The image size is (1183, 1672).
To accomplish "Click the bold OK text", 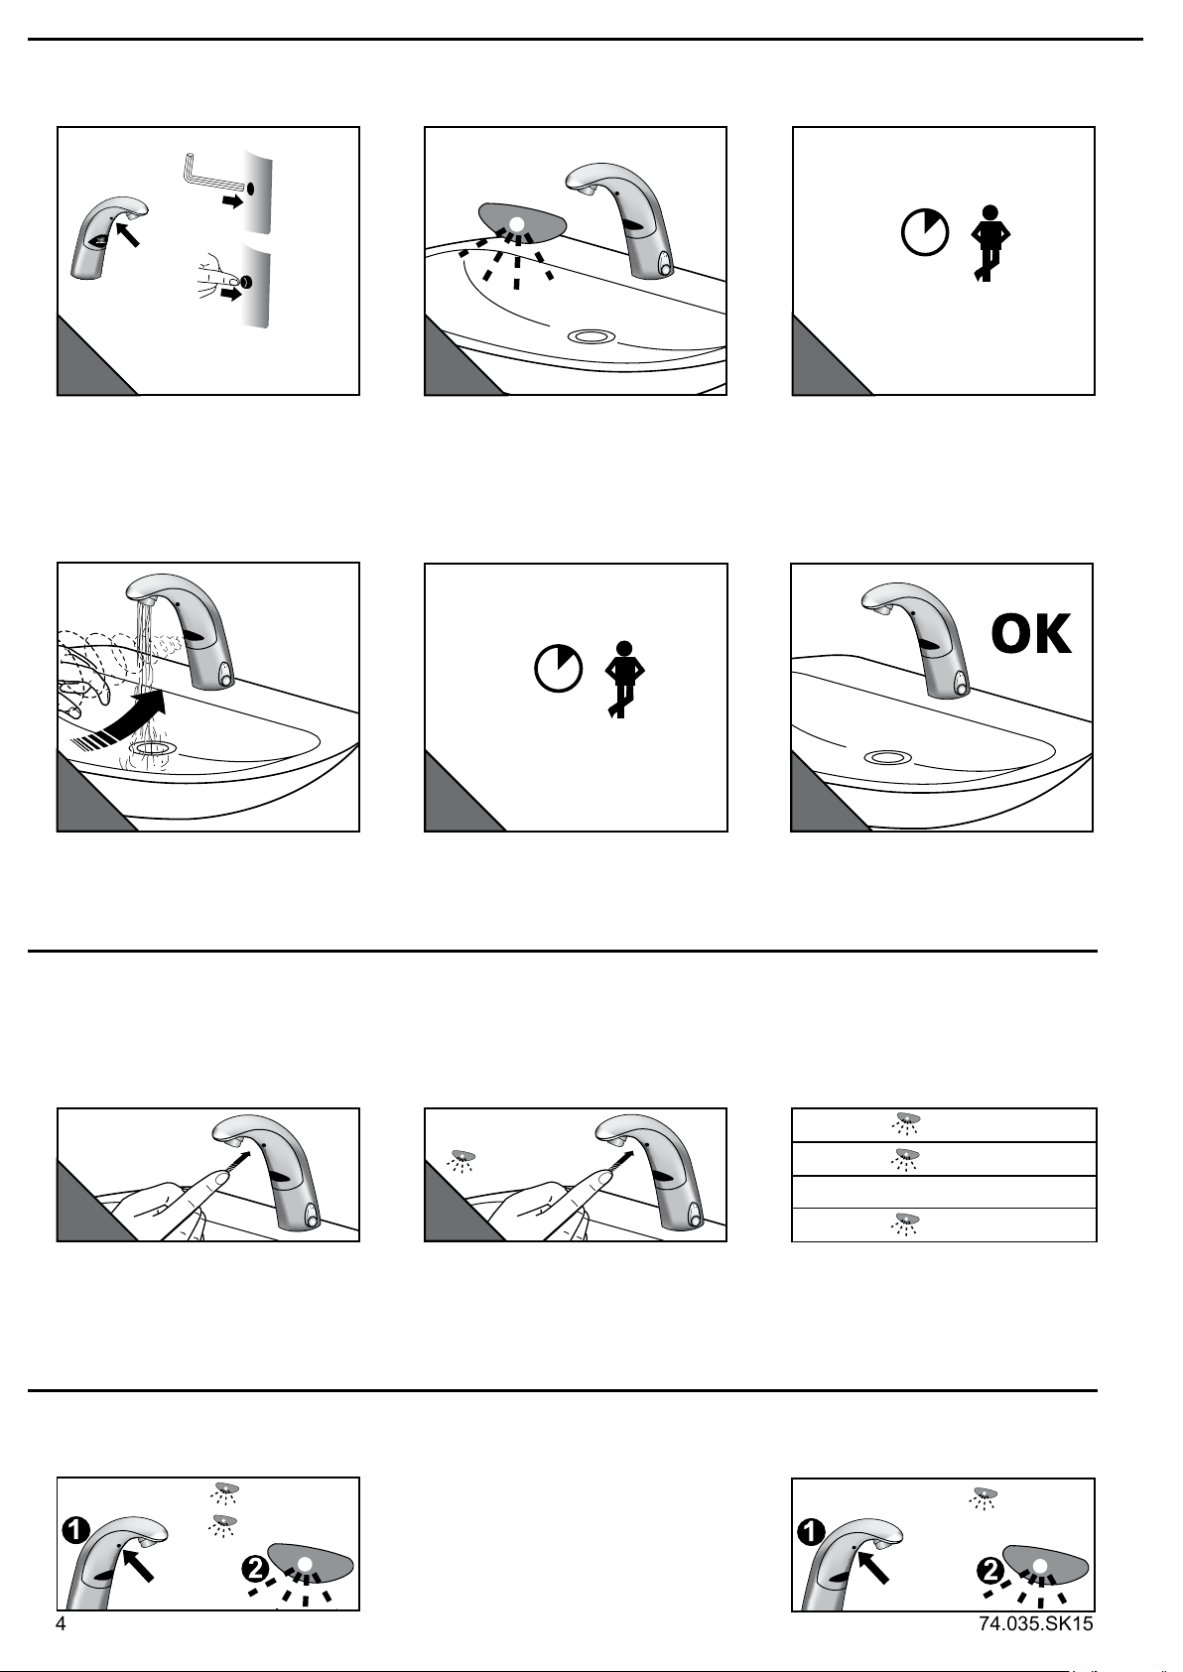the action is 1031,634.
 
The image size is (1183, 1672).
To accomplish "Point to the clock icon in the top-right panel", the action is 925,232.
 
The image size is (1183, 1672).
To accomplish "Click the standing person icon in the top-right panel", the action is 989,243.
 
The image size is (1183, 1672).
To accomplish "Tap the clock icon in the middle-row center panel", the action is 559,667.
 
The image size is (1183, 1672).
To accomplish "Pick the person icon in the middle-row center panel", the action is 624,680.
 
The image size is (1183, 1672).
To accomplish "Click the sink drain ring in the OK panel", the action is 887,757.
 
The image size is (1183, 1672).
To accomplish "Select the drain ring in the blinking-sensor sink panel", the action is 591,336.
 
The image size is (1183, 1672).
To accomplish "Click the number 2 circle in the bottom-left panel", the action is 254,1570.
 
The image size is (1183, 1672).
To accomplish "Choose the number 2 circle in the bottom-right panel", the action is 989,1571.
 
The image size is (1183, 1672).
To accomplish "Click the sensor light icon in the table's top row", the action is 907,1123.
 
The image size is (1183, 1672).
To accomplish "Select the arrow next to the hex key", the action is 233,201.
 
